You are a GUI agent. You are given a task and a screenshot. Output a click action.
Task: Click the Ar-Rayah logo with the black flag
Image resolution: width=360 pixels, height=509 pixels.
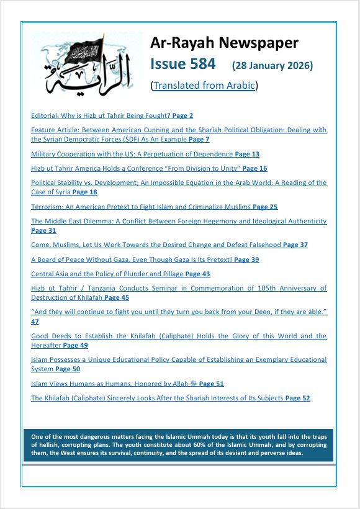tap(86, 64)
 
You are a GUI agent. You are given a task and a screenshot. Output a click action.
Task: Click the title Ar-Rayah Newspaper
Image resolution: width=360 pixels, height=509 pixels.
tap(224, 43)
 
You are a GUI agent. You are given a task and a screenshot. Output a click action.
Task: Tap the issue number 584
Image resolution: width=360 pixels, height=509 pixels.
tap(200, 64)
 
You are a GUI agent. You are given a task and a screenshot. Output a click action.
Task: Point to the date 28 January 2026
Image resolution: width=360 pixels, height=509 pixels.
tap(272, 65)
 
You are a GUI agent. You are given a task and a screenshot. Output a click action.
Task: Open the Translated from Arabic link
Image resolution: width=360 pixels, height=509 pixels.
tap(204, 86)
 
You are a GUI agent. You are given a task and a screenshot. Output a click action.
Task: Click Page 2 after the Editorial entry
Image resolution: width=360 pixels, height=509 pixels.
tap(182, 115)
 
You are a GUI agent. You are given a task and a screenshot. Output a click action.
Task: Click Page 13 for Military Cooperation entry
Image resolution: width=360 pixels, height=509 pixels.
tap(247, 154)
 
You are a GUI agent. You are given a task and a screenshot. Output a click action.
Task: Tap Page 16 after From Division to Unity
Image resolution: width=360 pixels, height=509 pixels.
tap(254, 168)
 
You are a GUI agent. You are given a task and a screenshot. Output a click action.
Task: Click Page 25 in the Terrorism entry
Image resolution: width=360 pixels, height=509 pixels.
tap(265, 207)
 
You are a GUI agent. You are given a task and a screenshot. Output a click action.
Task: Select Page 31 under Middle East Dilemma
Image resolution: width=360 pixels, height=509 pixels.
tap(43, 230)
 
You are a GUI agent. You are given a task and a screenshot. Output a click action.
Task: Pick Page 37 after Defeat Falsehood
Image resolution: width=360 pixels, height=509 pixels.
tap(295, 245)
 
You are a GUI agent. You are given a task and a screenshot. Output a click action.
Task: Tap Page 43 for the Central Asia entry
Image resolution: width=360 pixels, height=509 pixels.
tap(197, 274)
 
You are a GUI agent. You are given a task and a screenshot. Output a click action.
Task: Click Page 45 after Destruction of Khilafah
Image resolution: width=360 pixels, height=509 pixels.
tap(117, 298)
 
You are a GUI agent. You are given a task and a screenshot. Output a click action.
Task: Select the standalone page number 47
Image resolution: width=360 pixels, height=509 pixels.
tap(35, 322)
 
